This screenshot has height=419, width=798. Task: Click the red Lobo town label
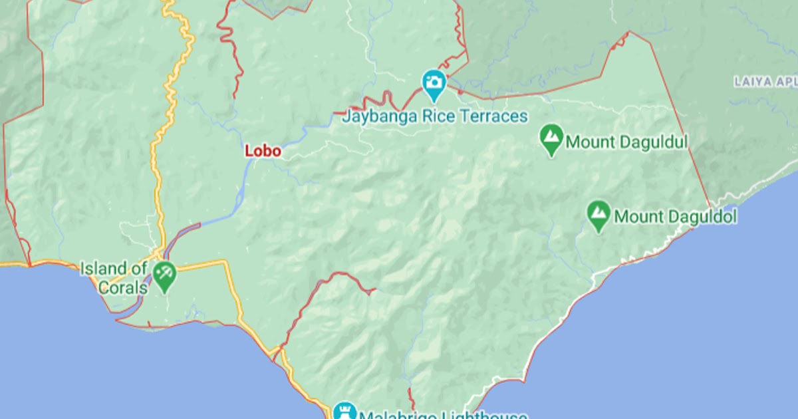pyautogui.click(x=263, y=151)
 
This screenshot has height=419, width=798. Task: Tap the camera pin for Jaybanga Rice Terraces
pyautogui.click(x=434, y=83)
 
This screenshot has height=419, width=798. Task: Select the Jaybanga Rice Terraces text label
pyautogui.click(x=435, y=117)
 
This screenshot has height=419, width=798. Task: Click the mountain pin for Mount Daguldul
pyautogui.click(x=551, y=139)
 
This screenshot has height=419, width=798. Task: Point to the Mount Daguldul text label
pyautogui.click(x=626, y=142)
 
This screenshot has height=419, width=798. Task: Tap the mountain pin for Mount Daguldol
pyautogui.click(x=599, y=214)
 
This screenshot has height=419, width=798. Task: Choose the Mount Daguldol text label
pyautogui.click(x=675, y=216)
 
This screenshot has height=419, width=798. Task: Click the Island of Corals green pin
pyautogui.click(x=164, y=274)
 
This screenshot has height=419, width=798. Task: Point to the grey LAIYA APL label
pyautogui.click(x=765, y=82)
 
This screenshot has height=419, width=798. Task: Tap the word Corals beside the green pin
pyautogui.click(x=122, y=287)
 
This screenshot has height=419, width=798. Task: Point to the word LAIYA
pyautogui.click(x=752, y=82)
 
